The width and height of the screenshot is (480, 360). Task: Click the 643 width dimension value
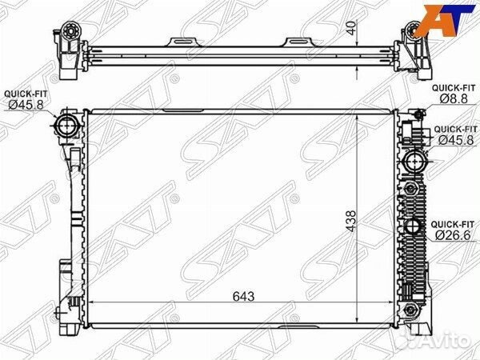pyautogui.click(x=243, y=297)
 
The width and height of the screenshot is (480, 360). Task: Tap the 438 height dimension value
pyautogui.click(x=350, y=221)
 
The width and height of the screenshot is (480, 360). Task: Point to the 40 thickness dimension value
pyautogui.click(x=352, y=28)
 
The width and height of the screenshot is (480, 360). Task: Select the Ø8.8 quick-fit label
pyautogui.click(x=454, y=98)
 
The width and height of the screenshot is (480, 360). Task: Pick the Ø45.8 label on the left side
pyautogui.click(x=26, y=105)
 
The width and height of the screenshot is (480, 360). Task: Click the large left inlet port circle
pyautogui.click(x=66, y=126)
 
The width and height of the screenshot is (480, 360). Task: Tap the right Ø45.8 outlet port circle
pyautogui.click(x=414, y=161)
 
